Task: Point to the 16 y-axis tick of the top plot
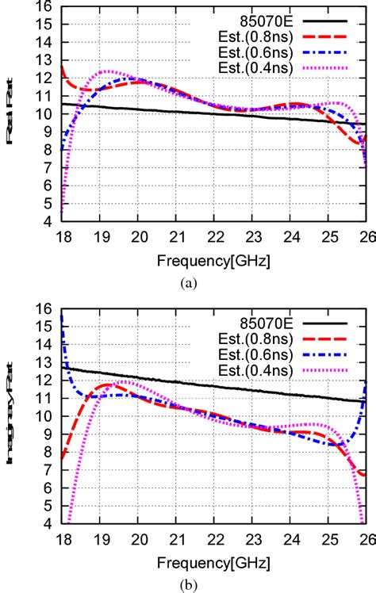click(x=48, y=7)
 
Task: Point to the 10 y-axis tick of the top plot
click(x=48, y=114)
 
